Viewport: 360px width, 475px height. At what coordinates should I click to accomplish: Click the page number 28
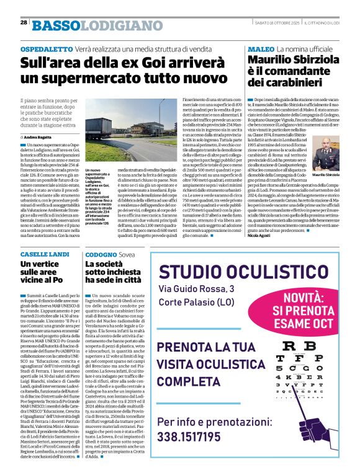(x=23, y=22)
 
